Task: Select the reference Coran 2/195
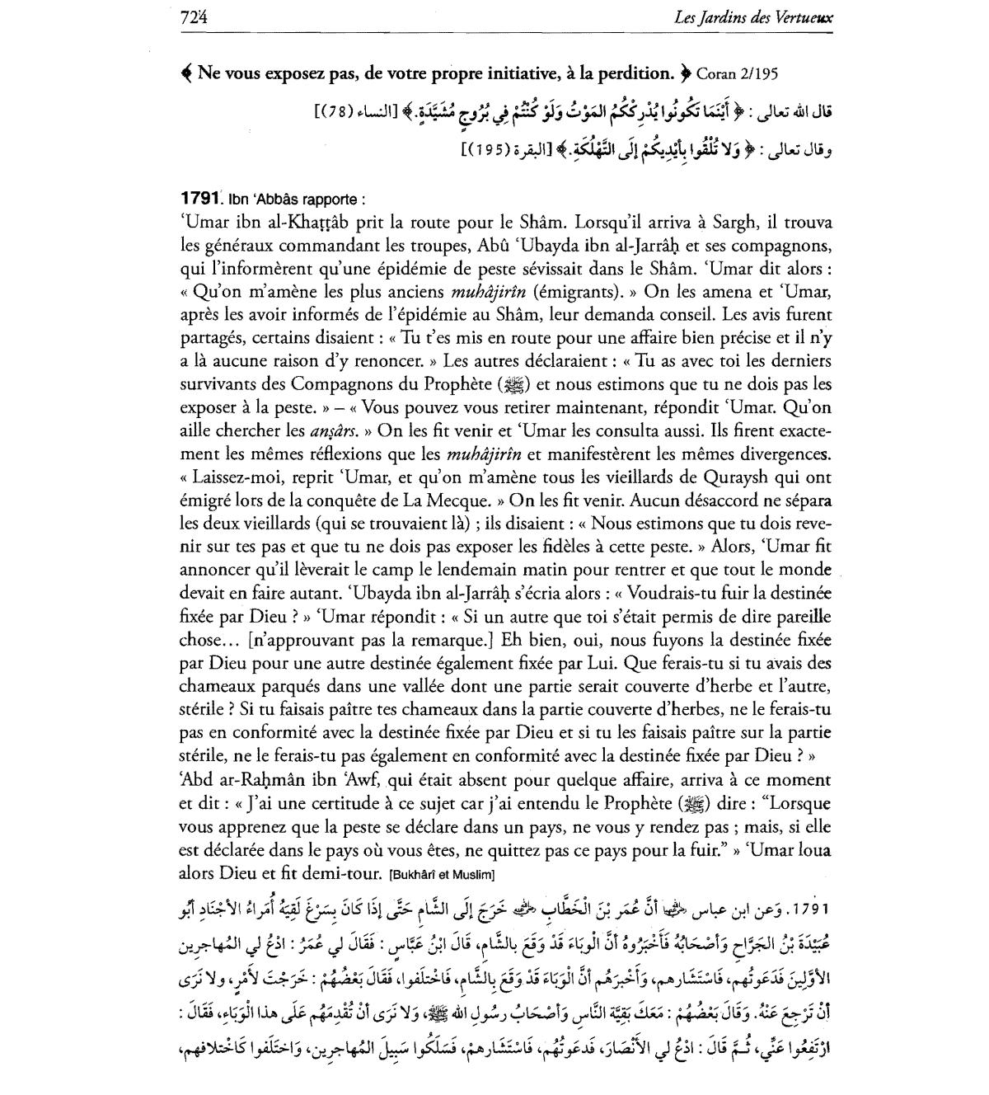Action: (x=736, y=73)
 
